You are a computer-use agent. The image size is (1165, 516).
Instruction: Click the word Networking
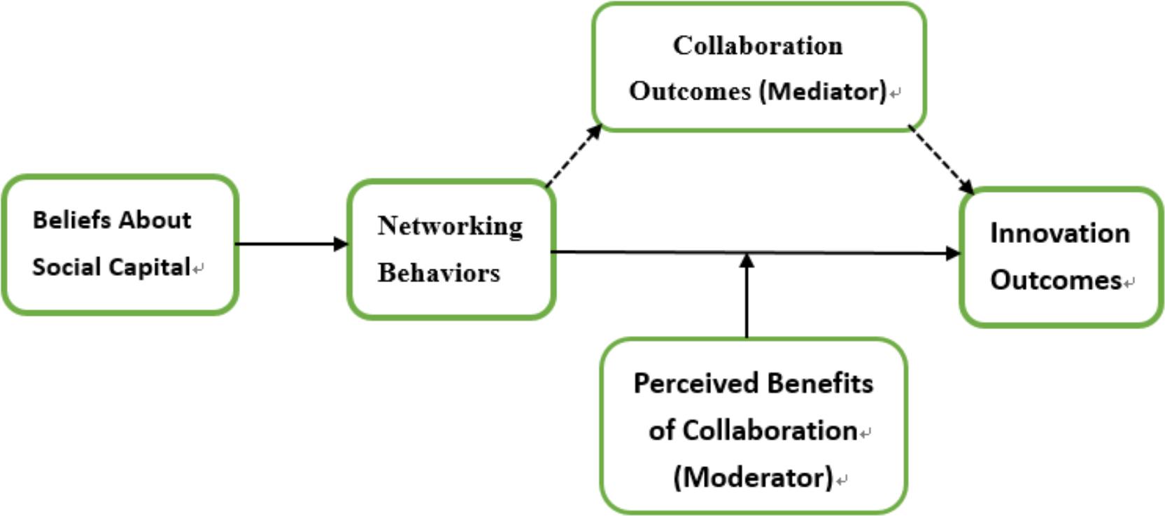click(x=450, y=226)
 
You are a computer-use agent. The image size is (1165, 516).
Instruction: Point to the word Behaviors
click(x=439, y=273)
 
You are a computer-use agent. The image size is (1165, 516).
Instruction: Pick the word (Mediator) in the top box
click(x=823, y=91)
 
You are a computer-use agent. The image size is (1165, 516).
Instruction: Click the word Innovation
click(x=1059, y=233)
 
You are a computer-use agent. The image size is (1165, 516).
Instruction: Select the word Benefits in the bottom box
click(x=819, y=384)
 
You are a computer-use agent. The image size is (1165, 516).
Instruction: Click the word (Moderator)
click(x=753, y=477)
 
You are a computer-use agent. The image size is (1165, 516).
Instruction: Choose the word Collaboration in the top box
click(x=758, y=46)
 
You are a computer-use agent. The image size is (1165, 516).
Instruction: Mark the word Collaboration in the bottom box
click(x=770, y=431)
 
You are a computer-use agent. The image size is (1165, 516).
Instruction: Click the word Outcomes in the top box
click(x=690, y=91)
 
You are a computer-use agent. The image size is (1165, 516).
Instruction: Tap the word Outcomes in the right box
click(x=1056, y=280)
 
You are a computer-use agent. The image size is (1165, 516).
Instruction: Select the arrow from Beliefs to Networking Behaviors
click(x=291, y=244)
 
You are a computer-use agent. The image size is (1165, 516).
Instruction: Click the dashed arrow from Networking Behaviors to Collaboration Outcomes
click(x=573, y=155)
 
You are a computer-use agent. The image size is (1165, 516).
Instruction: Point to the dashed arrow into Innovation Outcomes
click(x=941, y=160)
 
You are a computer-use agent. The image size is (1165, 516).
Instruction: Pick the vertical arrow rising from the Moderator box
click(x=747, y=298)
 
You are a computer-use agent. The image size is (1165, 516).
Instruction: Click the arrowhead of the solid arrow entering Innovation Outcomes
click(x=953, y=253)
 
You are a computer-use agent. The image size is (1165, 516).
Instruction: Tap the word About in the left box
click(x=155, y=220)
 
